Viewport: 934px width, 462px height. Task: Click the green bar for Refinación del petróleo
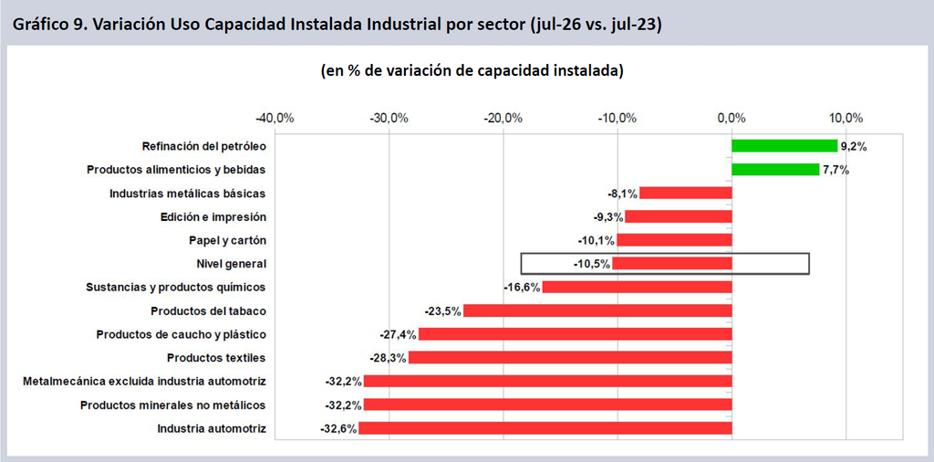tap(784, 146)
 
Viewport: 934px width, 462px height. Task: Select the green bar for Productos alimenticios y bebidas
tap(775, 170)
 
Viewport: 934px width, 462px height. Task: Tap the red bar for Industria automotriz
tap(545, 428)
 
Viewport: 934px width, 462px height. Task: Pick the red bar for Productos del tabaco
tap(597, 310)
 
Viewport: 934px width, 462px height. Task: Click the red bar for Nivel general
tap(672, 264)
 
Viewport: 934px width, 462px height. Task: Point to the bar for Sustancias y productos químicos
tap(637, 288)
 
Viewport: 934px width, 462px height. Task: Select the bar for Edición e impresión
tap(679, 216)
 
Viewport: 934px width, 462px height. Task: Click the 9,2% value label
tap(854, 146)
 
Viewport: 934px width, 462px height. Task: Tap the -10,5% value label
tap(591, 264)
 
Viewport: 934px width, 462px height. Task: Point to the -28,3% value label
tap(388, 358)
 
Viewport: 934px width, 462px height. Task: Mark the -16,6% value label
tap(522, 288)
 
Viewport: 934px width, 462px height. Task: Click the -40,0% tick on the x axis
tap(275, 118)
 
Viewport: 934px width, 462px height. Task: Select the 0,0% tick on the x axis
tap(732, 118)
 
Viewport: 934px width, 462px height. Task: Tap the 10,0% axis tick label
tap(846, 118)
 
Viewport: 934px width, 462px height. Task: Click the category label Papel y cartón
tap(227, 240)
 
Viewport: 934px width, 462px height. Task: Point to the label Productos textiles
tap(216, 358)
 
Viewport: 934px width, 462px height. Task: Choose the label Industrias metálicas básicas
tap(188, 194)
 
